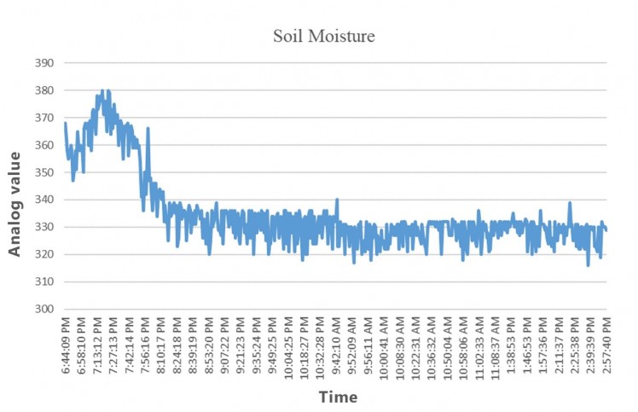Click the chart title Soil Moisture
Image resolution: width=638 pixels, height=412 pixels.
click(323, 36)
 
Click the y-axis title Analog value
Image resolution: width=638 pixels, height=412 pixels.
click(14, 203)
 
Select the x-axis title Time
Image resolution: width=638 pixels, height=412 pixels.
click(338, 397)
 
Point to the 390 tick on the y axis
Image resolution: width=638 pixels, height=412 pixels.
click(43, 63)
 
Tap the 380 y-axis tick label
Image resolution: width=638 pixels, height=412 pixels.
click(43, 90)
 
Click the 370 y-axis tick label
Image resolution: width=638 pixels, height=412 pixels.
click(43, 118)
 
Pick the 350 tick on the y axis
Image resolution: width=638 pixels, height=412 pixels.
click(43, 172)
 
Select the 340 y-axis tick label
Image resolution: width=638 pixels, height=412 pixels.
click(43, 200)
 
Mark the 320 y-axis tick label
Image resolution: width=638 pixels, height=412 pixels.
click(43, 254)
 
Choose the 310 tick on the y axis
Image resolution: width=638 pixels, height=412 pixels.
click(43, 281)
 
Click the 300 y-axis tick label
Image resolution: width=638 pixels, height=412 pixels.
click(43, 309)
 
